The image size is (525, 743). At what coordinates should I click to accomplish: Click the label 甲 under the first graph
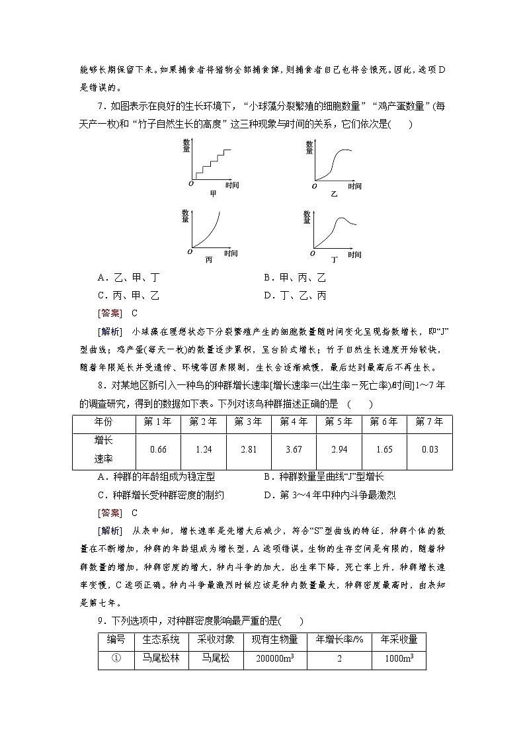213,193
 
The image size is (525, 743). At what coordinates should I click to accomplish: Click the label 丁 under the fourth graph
335,260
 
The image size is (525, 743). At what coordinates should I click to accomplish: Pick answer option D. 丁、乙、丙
295,296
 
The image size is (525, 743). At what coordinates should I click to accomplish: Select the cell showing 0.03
430,449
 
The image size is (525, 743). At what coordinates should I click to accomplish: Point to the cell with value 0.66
158,449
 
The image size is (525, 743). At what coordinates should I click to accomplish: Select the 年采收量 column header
399,640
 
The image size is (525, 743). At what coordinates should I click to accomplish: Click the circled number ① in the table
116,659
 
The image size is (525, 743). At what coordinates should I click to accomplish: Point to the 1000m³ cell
399,659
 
